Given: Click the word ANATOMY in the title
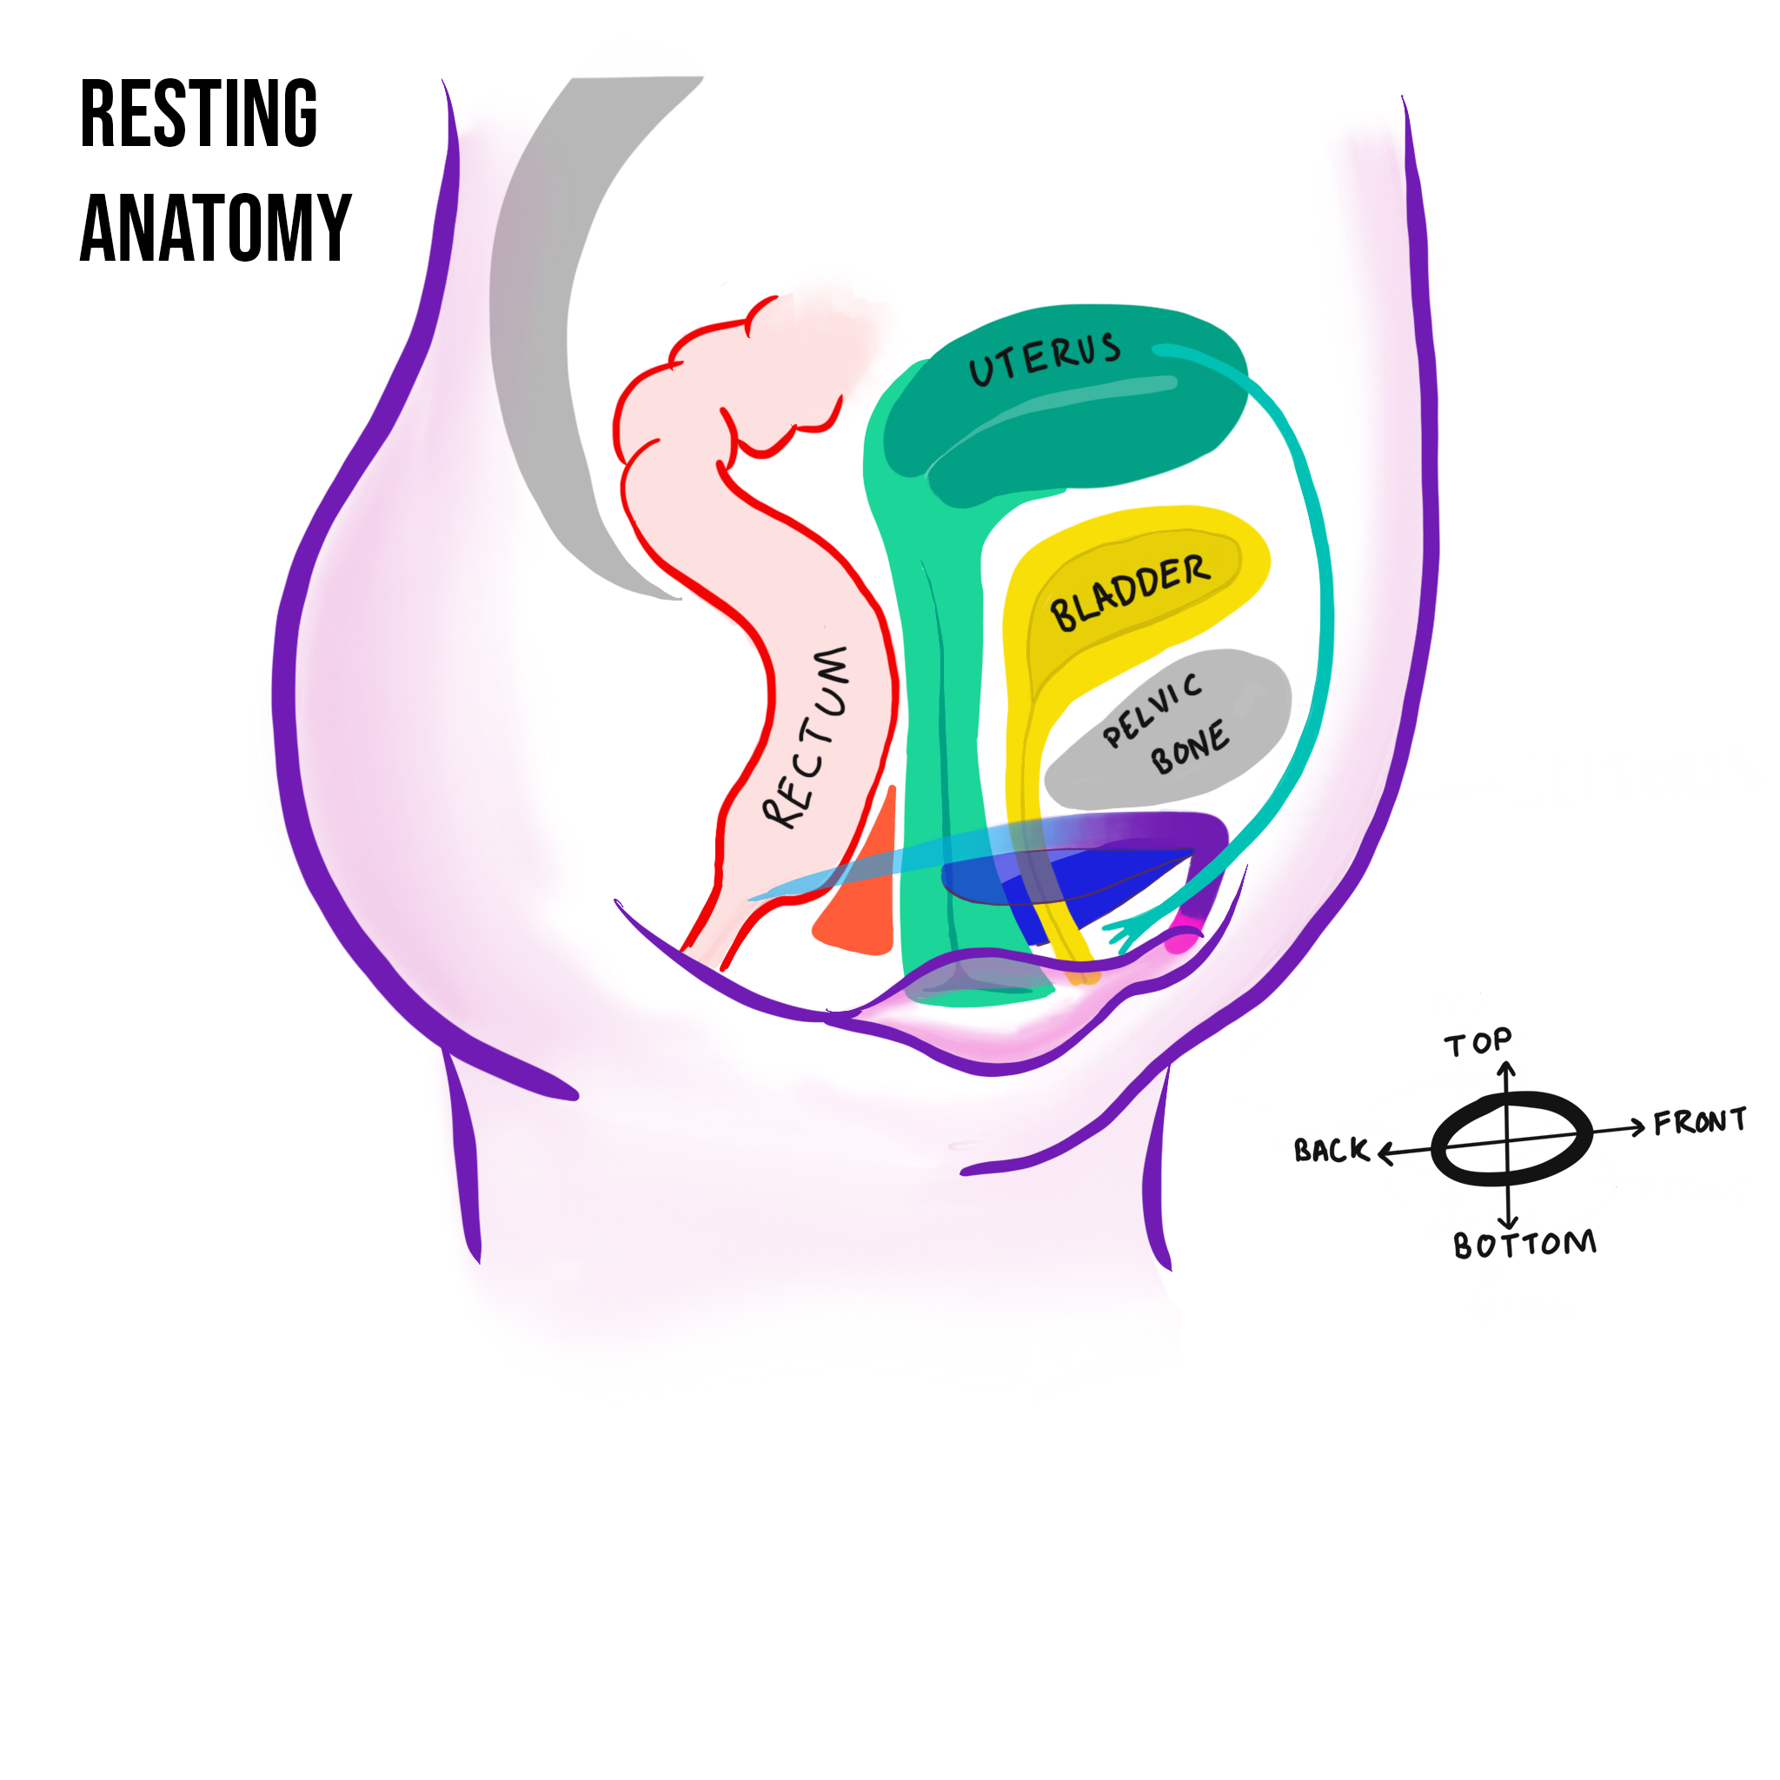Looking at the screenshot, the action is point(216,228).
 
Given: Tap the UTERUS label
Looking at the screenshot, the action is point(1045,358).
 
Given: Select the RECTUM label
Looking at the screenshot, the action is point(807,737).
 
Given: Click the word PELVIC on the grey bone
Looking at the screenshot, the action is point(1152,708).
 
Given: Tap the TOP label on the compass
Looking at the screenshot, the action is point(1478,1042).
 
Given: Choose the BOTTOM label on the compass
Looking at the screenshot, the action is point(1524,1245).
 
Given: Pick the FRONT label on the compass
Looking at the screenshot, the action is point(1700,1121).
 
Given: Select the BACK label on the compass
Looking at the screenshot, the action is point(1332,1150).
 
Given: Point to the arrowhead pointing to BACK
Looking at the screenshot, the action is point(1383,1152).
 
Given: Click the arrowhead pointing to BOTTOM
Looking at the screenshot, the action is point(1508,1223).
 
